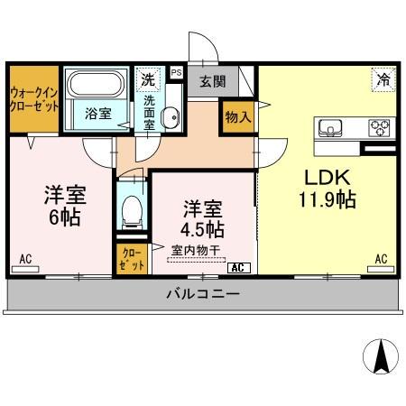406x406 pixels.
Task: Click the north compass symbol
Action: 381,357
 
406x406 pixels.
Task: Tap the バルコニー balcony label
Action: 202,294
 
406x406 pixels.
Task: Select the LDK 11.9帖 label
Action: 327,188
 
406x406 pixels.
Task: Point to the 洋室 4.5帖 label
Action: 203,217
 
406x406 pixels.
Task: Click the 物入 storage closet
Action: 238,117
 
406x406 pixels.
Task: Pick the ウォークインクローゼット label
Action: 34,98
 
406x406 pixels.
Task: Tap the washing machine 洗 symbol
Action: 147,78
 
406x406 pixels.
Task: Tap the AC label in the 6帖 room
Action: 25,260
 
